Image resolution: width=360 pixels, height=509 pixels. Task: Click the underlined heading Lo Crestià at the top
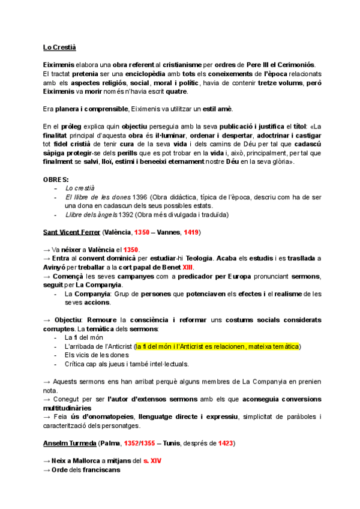59,47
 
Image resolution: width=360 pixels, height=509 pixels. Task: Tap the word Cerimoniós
294,65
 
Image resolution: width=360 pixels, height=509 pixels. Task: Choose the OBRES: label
56,180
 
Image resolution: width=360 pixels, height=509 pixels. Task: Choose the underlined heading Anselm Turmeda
68,444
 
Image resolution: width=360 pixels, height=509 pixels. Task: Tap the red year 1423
226,444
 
